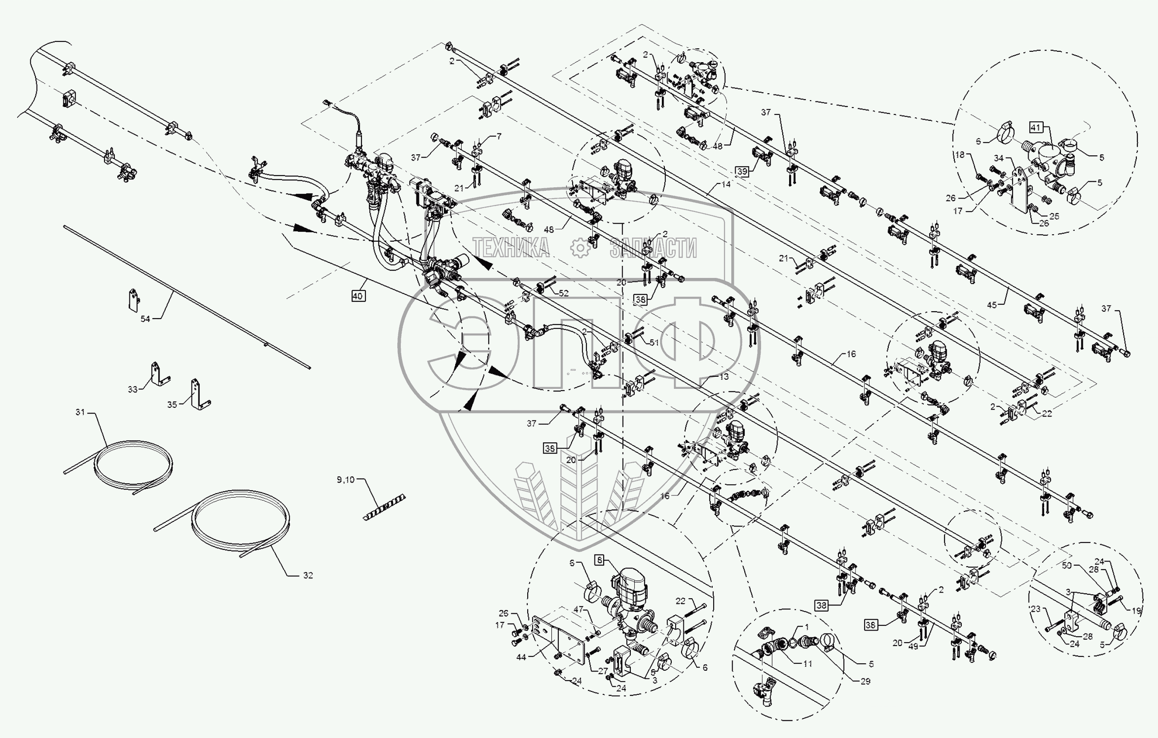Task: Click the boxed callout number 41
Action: tap(1035, 127)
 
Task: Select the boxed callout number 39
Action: tap(742, 171)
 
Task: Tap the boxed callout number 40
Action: tap(357, 296)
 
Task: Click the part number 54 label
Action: tap(145, 319)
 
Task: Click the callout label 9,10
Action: tap(345, 479)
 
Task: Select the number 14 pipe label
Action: tap(726, 184)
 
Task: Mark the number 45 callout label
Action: tap(991, 305)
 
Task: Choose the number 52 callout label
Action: tap(563, 293)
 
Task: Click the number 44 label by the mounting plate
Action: tap(521, 657)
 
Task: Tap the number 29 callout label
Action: tap(865, 681)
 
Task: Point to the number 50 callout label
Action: tap(1067, 566)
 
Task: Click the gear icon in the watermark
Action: tap(580, 248)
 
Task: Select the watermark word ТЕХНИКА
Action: tap(511, 248)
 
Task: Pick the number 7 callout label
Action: tap(499, 137)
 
